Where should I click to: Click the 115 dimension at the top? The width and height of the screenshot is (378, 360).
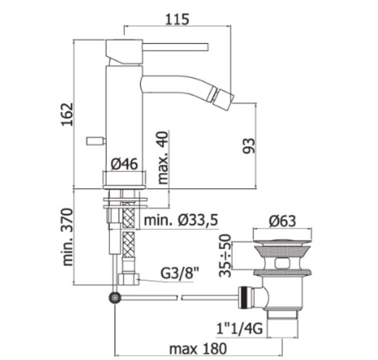[x=177, y=19]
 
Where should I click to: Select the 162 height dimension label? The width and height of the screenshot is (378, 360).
[x=67, y=114]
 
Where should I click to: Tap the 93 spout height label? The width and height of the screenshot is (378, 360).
[x=249, y=146]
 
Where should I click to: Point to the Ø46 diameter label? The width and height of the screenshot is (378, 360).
[x=124, y=164]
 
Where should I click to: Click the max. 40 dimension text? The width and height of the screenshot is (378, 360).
[x=163, y=158]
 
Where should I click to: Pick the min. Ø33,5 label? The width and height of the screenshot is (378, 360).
[x=181, y=220]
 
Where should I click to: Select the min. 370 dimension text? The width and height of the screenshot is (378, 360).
[x=67, y=237]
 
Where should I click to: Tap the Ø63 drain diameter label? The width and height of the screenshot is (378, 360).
[x=282, y=221]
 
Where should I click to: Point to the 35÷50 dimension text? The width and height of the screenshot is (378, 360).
[x=225, y=256]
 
